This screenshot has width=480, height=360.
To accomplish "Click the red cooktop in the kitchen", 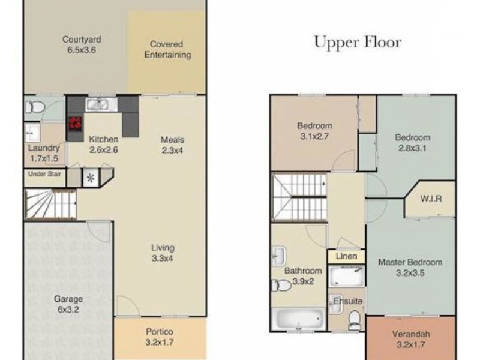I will pos(75,124).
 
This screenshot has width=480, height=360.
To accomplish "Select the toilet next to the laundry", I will pos(34,108).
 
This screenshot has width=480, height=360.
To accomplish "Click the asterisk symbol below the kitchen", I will pos(91,178).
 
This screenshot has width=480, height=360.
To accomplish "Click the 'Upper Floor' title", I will pos(358,43).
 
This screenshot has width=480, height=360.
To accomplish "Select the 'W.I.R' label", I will pos(431,199).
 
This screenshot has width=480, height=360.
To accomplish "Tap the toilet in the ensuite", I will pos(354,318).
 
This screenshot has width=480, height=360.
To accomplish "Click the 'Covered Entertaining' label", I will pos(166,50).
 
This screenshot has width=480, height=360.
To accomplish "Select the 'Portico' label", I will pos(160,332).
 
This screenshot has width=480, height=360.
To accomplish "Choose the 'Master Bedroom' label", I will pos(410,262).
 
